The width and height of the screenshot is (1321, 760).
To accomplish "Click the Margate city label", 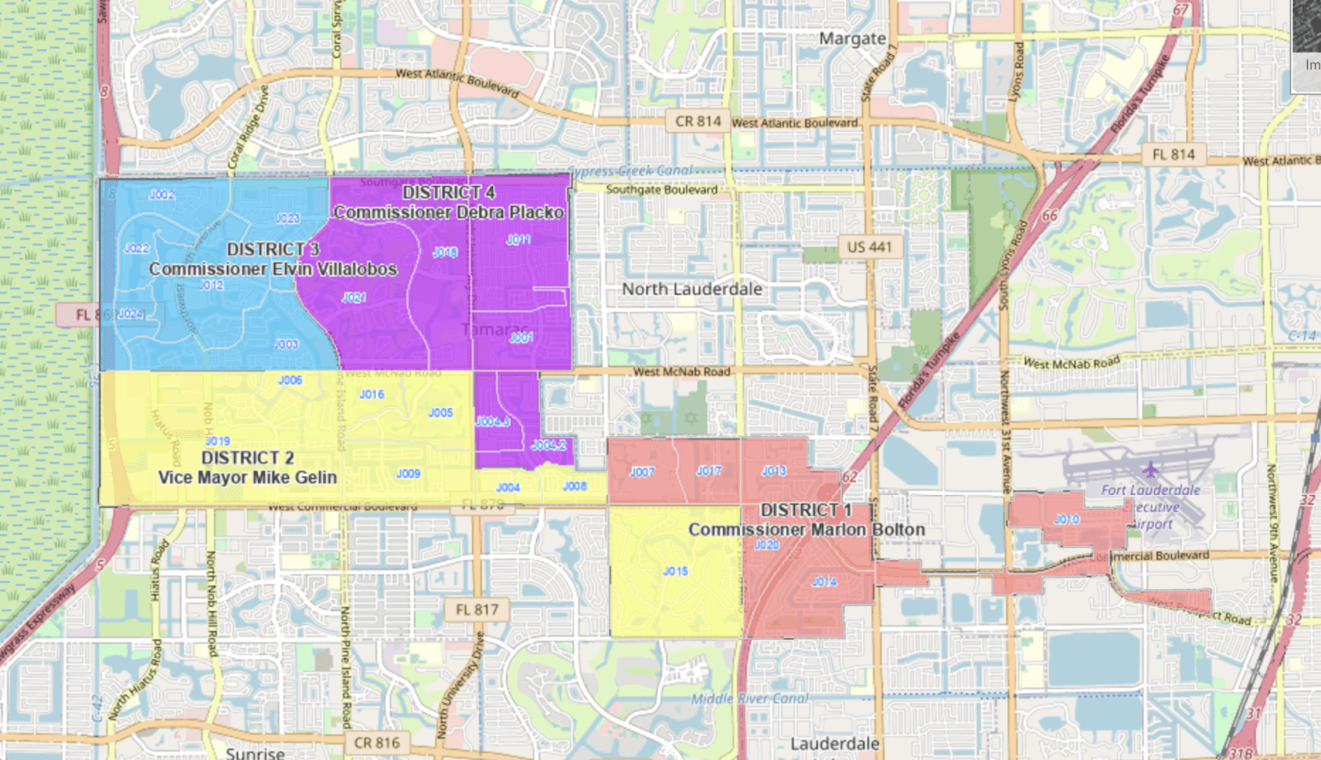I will click(852, 39).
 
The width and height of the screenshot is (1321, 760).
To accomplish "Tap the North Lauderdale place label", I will click(691, 289).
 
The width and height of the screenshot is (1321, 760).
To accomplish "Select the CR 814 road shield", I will click(697, 122).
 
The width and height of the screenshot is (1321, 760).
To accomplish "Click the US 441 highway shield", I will click(868, 247).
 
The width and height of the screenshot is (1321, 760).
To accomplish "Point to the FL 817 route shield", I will click(476, 609).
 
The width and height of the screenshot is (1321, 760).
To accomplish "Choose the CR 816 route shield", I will click(376, 742).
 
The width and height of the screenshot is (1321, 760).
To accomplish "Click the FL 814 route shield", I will click(1174, 155).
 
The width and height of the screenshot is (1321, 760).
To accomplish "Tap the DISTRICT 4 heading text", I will click(448, 192).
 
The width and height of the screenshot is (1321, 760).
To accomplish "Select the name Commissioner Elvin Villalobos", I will click(273, 269).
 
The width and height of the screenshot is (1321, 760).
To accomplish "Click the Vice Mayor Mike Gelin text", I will click(247, 477).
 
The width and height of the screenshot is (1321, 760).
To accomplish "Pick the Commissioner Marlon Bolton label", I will click(807, 529).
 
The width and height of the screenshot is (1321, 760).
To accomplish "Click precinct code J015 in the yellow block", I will click(675, 572).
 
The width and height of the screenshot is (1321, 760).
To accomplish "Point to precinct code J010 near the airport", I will click(1066, 520).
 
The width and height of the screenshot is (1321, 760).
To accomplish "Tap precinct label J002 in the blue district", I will click(161, 195).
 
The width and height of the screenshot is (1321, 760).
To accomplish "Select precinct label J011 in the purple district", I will click(518, 240).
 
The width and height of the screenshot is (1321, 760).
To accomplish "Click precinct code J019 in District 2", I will click(218, 441).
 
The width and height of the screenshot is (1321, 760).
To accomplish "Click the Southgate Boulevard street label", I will click(661, 189).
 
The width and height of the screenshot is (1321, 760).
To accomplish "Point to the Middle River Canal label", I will click(749, 698).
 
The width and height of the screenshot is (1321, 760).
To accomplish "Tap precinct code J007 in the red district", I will click(642, 473).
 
